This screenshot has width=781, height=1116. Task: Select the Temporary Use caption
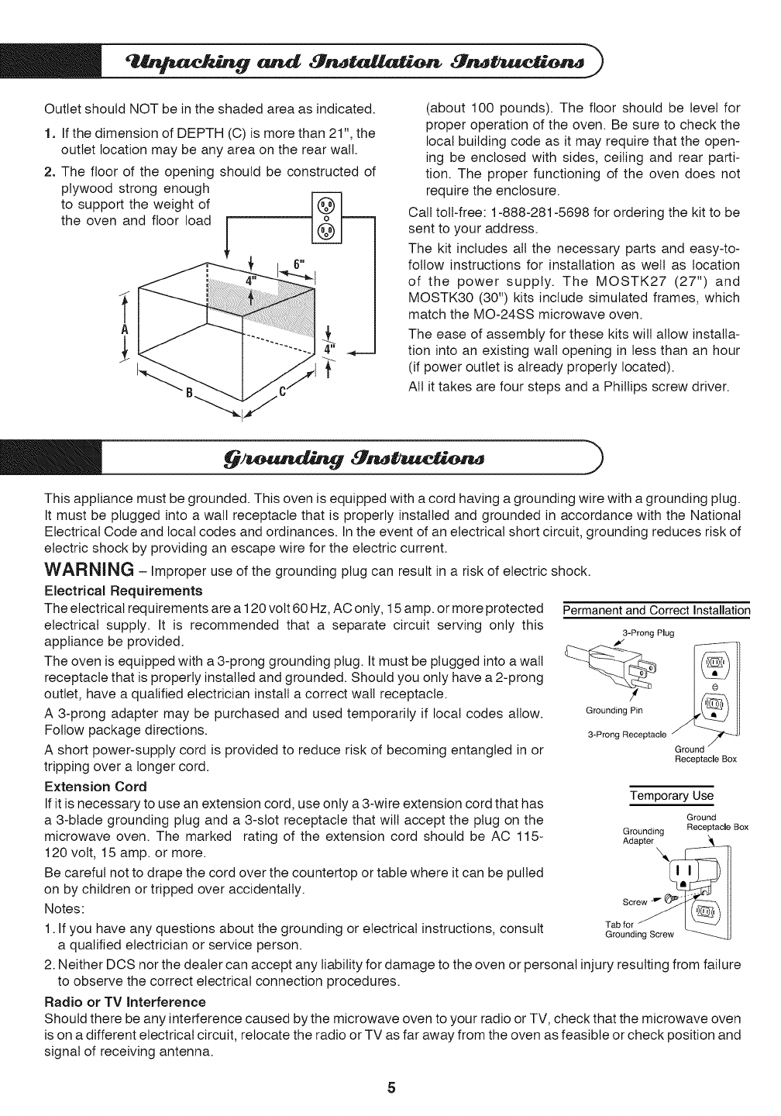pyautogui.click(x=671, y=796)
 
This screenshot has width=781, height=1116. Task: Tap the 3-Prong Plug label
pyautogui.click(x=649, y=633)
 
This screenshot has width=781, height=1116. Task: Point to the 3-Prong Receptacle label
pyautogui.click(x=626, y=735)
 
